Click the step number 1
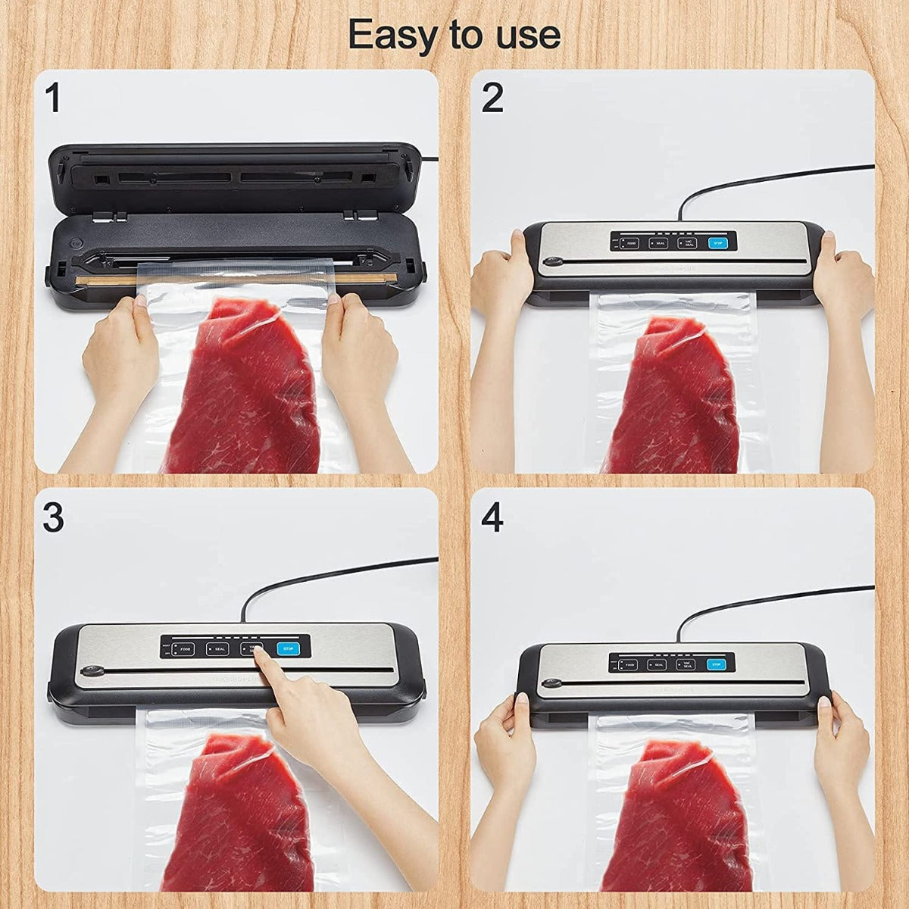pyautogui.click(x=52, y=99)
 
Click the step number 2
pyautogui.click(x=492, y=99)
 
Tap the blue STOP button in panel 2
pyautogui.click(x=717, y=243)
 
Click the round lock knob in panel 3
pyautogui.click(x=93, y=670)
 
